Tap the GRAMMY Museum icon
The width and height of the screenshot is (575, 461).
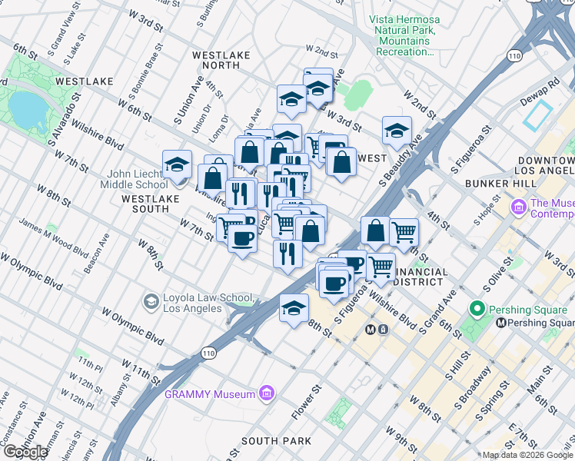pyautogui.click(x=267, y=394)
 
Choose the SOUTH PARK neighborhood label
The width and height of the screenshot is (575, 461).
pyautogui.click(x=276, y=441)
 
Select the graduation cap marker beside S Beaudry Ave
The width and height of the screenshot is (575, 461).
pyautogui.click(x=397, y=131)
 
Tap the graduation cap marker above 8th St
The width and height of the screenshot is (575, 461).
pyautogui.click(x=294, y=309)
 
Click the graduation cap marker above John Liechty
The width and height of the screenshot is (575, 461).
pyautogui.click(x=177, y=164)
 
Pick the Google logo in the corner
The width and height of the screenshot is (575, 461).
pyautogui.click(x=25, y=452)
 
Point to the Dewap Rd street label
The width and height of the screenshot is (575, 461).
pyautogui.click(x=543, y=86)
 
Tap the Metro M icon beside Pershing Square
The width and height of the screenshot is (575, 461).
pyautogui.click(x=500, y=323)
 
